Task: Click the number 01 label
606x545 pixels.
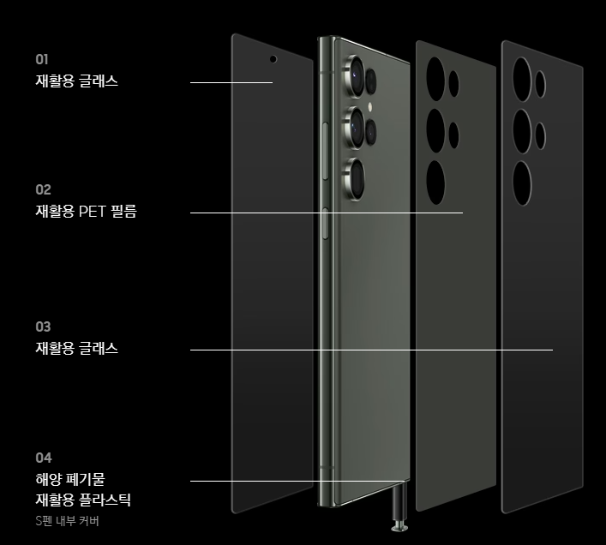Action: pos(42,59)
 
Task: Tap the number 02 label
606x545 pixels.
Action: pos(43,189)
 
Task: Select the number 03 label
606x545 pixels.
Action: pos(43,326)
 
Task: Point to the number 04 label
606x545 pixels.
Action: pos(43,458)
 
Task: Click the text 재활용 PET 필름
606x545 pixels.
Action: pos(86,212)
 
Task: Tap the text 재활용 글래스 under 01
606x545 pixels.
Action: pos(76,81)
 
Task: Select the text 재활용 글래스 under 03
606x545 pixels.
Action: pos(76,349)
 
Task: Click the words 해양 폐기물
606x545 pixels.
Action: pos(69,478)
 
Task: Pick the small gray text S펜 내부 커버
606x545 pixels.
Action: pos(67,520)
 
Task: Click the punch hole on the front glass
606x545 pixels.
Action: pos(273,60)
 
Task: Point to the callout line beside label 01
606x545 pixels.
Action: pos(231,83)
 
